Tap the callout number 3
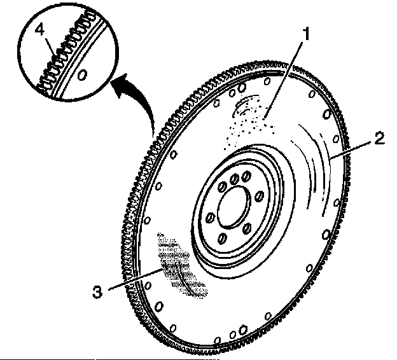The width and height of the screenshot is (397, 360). pos(97,292)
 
